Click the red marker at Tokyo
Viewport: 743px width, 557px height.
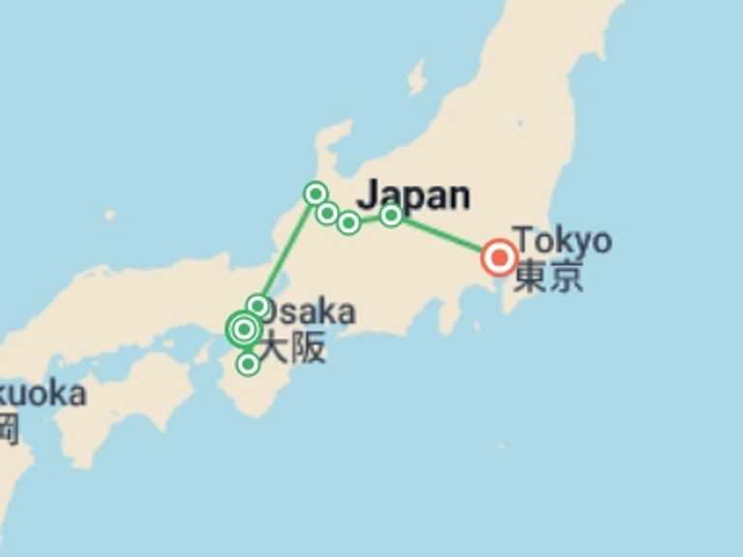(x=499, y=257)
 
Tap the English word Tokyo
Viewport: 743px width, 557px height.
(x=562, y=240)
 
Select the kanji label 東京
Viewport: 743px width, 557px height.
(x=549, y=277)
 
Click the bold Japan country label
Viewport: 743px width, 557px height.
(x=414, y=194)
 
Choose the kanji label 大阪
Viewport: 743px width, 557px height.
(x=293, y=347)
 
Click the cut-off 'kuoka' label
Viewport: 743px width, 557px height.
(x=43, y=394)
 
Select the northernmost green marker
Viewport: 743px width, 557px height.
(x=314, y=193)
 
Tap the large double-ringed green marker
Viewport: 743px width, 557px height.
(x=244, y=330)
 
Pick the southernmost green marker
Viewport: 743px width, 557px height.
(x=248, y=364)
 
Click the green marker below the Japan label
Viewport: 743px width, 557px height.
(x=391, y=216)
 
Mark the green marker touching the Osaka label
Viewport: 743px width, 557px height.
(x=257, y=307)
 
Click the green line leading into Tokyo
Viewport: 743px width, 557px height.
(x=445, y=236)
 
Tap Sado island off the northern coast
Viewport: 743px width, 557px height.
(x=417, y=77)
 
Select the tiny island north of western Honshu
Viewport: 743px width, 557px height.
(x=109, y=215)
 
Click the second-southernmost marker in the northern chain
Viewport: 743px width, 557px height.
(x=327, y=213)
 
